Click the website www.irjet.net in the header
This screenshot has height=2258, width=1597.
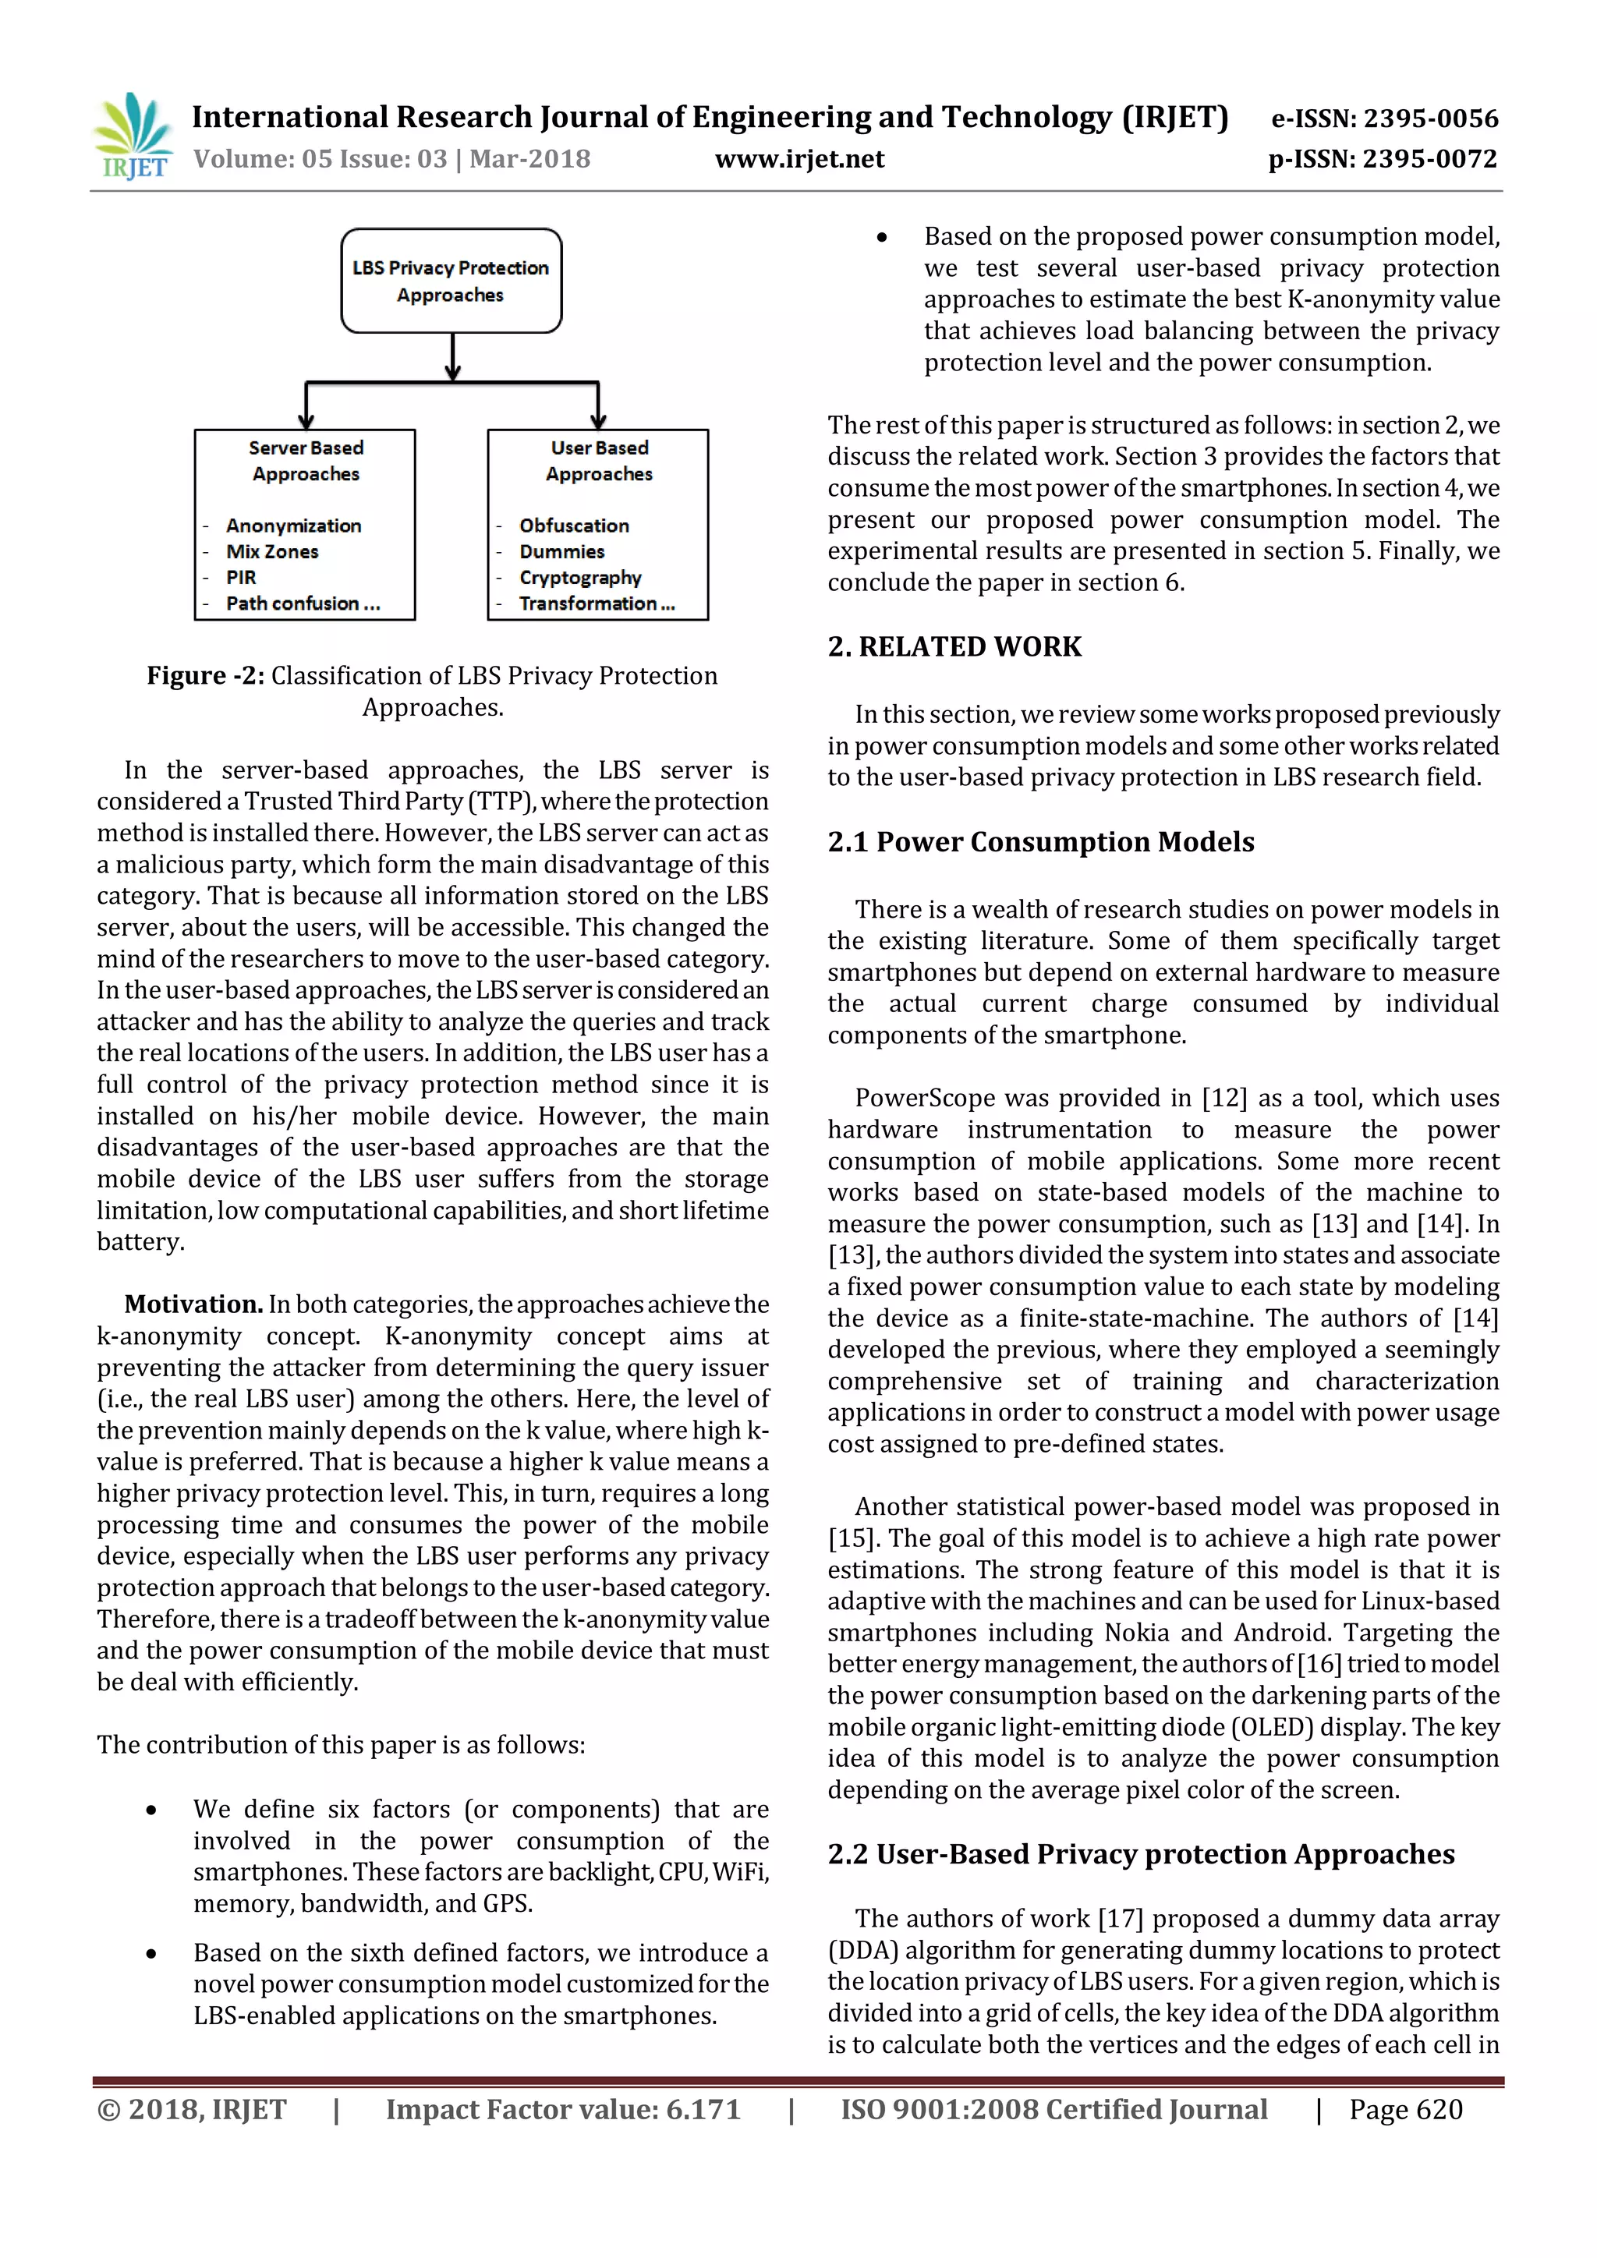tap(798, 159)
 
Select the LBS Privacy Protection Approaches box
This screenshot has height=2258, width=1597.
tap(451, 281)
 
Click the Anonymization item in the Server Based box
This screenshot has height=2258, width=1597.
tap(293, 526)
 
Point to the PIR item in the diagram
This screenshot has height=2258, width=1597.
tap(241, 577)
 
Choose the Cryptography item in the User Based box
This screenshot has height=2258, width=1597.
tap(579, 577)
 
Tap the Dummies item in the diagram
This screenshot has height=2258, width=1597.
tap(561, 552)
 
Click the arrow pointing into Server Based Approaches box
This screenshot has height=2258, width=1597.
tap(306, 408)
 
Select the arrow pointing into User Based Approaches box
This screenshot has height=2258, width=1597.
tap(598, 408)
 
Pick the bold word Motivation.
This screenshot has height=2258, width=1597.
tap(193, 1304)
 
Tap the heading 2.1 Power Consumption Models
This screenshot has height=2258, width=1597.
tap(1040, 842)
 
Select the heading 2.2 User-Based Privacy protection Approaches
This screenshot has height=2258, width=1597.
tap(1141, 1854)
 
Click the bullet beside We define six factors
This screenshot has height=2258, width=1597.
tap(151, 1810)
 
